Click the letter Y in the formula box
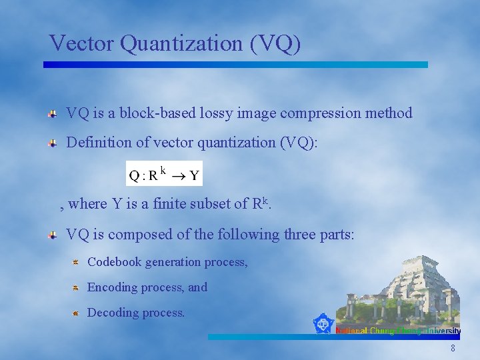194,176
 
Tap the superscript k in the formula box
163,171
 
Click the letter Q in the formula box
134,176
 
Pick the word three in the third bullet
283,235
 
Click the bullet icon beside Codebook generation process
76,262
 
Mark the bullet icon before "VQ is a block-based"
52,114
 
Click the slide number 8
453,349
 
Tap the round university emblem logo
323,324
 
